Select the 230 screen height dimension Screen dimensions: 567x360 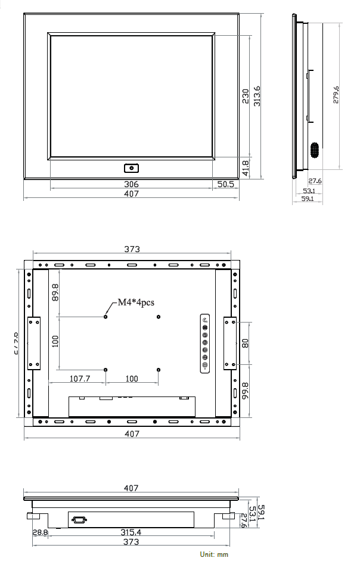coord(246,97)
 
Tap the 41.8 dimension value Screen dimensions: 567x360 coord(246,168)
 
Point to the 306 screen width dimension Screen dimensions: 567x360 coord(131,185)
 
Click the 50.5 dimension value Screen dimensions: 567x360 coord(225,185)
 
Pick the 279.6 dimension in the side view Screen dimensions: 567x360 coord(336,96)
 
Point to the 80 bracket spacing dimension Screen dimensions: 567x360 coord(246,343)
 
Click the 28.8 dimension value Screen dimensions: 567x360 coord(41,532)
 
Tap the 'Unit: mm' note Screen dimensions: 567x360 coord(214,554)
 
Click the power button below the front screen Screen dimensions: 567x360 coord(131,168)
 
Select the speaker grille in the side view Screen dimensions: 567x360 coord(314,150)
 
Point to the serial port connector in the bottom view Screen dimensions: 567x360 coord(78,520)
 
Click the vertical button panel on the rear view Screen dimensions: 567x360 coord(205,343)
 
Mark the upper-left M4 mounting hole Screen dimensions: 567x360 coord(105,317)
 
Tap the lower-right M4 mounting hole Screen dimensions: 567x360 coord(158,370)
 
